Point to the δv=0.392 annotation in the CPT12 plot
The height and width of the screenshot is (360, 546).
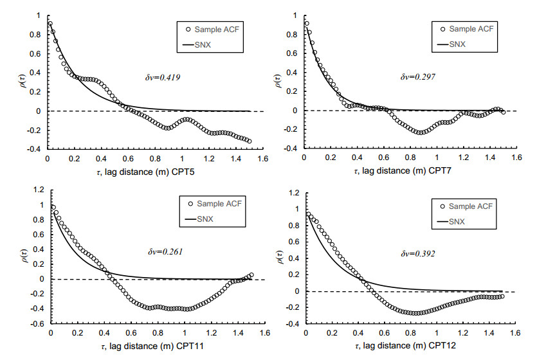[419, 253]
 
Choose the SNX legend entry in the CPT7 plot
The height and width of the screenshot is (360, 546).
[457, 44]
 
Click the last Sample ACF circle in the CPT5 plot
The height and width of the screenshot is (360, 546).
[250, 140]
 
